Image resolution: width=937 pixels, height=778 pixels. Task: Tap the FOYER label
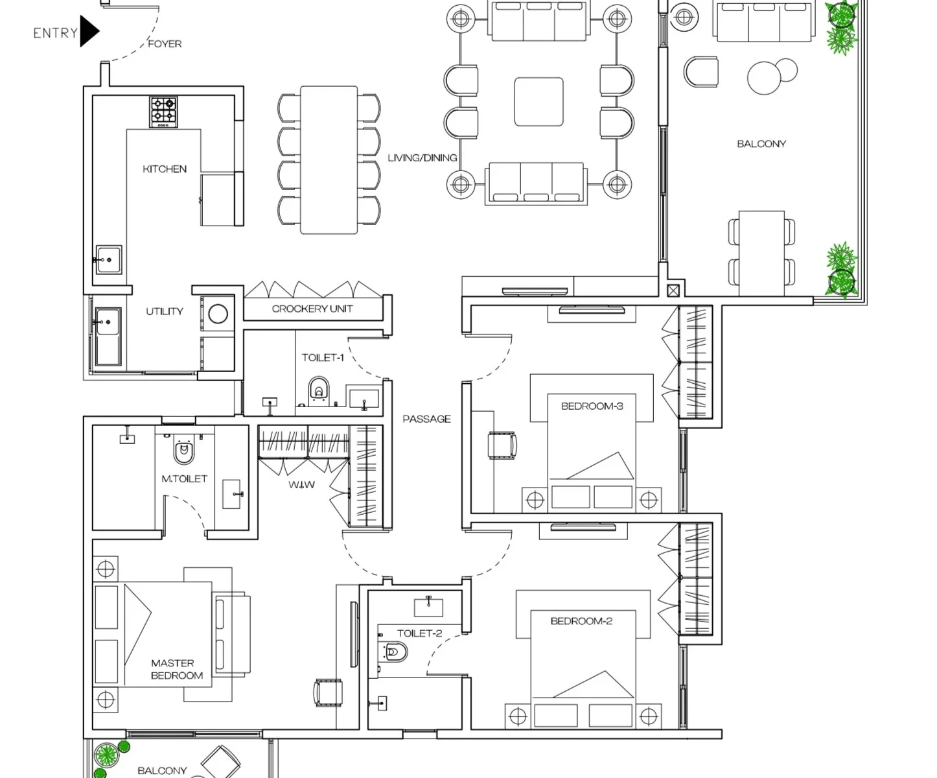pos(165,44)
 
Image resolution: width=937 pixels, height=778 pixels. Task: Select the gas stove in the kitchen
pos(164,112)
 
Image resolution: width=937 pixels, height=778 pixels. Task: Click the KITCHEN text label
pos(165,169)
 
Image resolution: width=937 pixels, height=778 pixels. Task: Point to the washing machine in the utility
pos(218,314)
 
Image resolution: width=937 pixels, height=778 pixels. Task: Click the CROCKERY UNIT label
pos(312,309)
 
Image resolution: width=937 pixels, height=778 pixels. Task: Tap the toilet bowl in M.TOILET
pos(184,451)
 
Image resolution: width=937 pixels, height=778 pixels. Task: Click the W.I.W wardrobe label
pos(301,484)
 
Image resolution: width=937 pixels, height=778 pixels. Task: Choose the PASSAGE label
pos(426,419)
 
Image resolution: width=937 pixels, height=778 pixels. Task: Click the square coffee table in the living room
pos(538,102)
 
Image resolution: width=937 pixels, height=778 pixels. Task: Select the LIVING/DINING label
pos(422,158)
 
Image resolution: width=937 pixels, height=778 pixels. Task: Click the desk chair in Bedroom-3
pos(503,446)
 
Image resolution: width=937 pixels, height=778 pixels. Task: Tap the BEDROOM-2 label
pos(581,621)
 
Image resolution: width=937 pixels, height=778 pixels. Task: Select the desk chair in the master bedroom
pos(327,692)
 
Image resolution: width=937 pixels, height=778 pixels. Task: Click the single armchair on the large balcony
pos(702,71)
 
